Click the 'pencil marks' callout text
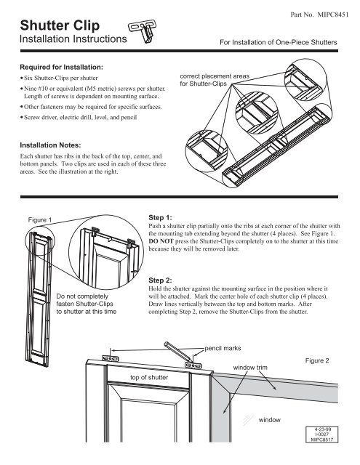[227, 349]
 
